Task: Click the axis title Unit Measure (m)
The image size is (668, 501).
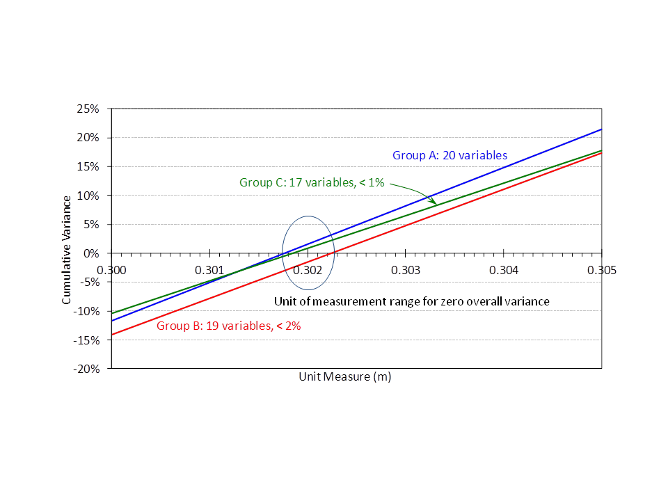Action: [x=345, y=376]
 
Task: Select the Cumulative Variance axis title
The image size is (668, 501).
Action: [x=67, y=250]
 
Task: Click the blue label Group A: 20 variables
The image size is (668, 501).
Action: [x=450, y=155]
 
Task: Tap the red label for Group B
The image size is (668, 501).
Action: [x=228, y=325]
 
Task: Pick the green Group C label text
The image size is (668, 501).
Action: [x=312, y=182]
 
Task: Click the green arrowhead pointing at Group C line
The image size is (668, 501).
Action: [x=434, y=202]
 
